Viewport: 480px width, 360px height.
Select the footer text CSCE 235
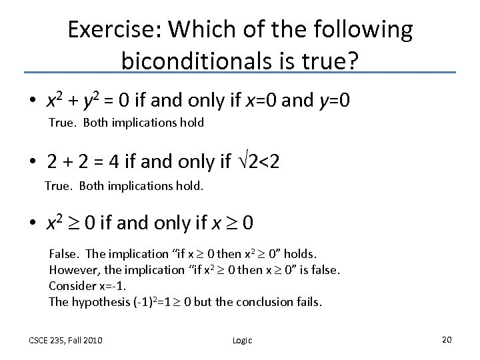click(x=49, y=341)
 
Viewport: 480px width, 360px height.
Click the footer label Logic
click(x=242, y=341)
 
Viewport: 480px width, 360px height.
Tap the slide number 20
click(x=447, y=340)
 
